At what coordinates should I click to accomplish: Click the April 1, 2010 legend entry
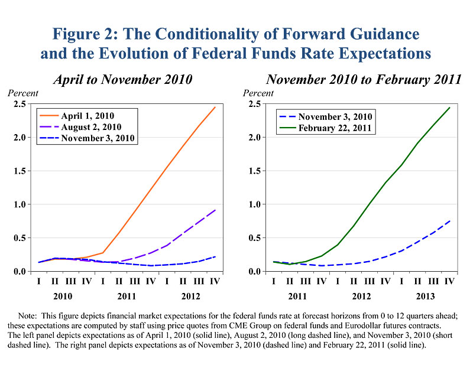[88, 115]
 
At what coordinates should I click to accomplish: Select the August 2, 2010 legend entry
[92, 126]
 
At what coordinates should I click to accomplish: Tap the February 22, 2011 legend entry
[335, 128]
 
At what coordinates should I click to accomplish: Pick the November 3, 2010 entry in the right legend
[335, 116]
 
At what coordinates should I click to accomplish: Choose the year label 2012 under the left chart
[191, 295]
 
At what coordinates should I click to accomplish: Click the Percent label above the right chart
[259, 93]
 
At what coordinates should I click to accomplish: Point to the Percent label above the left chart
[23, 93]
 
